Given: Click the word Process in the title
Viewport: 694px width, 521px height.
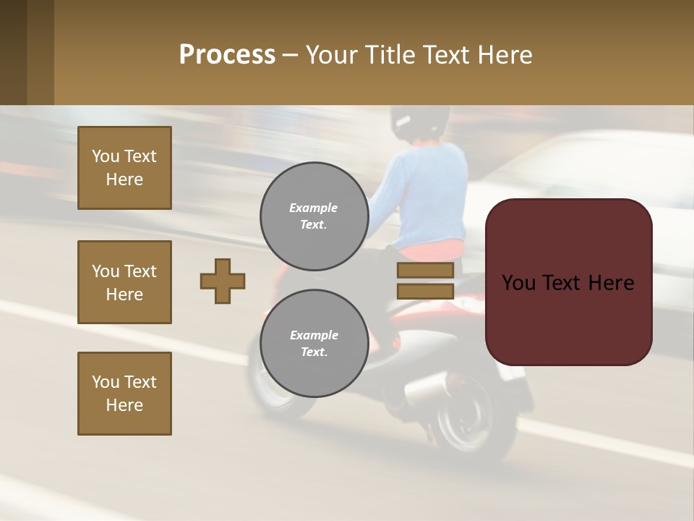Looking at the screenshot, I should click(227, 55).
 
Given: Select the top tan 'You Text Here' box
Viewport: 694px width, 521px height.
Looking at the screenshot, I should click(124, 168).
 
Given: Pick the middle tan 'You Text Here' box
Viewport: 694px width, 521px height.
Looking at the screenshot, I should click(124, 282).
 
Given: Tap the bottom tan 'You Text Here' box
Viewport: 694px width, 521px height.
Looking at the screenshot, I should click(124, 394).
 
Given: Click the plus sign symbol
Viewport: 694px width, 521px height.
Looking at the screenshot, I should click(223, 281).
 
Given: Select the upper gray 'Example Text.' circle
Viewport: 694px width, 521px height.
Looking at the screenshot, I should click(314, 216).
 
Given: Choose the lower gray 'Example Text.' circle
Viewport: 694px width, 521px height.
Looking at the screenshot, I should click(314, 344).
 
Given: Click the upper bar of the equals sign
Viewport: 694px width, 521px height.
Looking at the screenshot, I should click(426, 271).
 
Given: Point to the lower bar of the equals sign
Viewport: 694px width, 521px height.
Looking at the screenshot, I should click(426, 291).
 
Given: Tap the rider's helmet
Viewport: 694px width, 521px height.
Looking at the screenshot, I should click(416, 121).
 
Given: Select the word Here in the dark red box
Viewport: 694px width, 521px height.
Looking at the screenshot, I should click(611, 283).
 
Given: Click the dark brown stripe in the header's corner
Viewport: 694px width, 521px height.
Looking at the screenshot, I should click(13, 52).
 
